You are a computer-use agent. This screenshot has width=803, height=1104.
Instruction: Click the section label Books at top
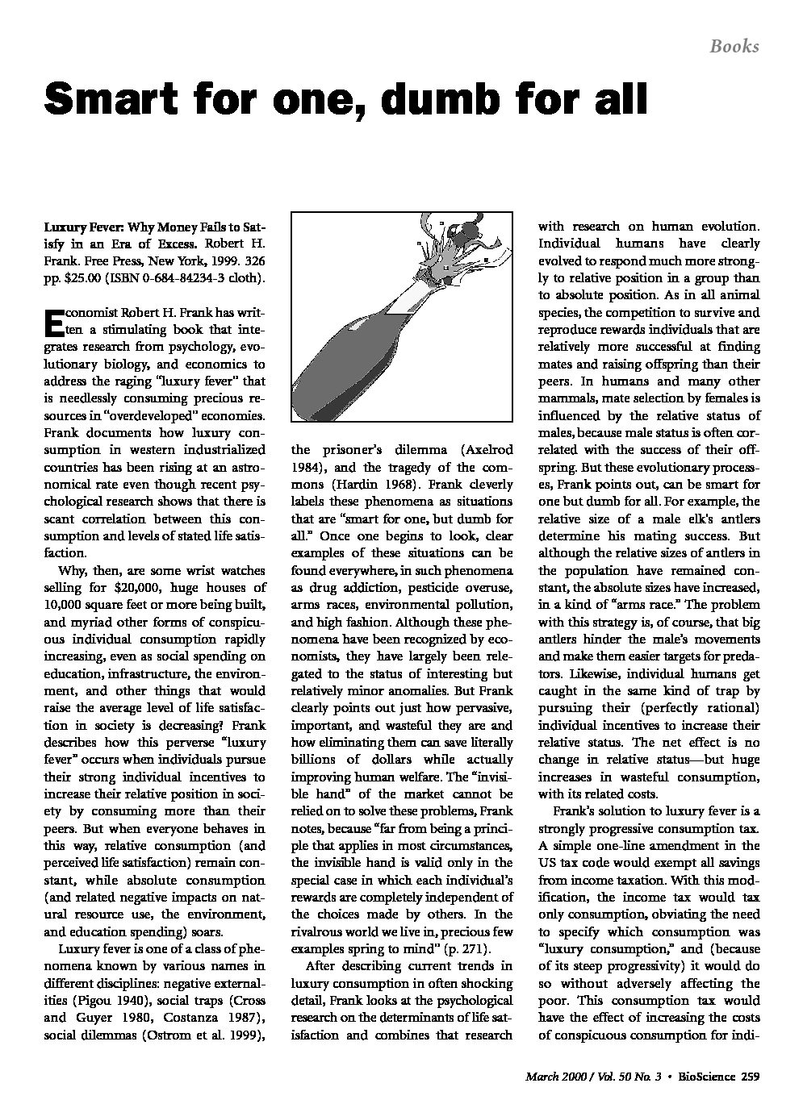[x=734, y=46]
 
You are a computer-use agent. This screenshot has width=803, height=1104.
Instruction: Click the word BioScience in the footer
[x=705, y=1076]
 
